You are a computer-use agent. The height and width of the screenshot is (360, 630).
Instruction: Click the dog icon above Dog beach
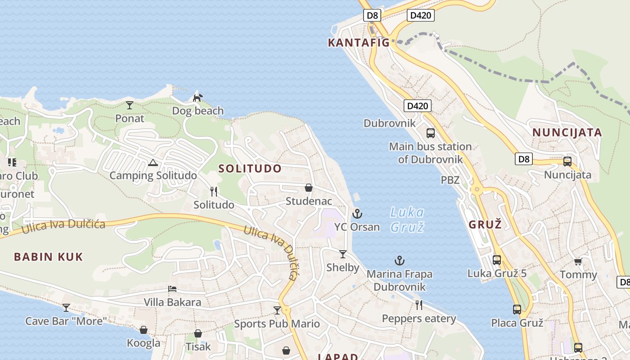(198, 97)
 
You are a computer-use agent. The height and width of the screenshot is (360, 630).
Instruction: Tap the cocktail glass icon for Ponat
(130, 105)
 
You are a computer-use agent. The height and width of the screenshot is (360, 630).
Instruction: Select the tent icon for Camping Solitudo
(153, 162)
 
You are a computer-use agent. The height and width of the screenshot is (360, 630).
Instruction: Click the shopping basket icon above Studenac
(309, 188)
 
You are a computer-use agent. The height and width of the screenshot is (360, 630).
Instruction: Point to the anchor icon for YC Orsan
(357, 214)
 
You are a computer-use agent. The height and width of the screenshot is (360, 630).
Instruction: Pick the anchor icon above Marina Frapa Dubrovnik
(399, 261)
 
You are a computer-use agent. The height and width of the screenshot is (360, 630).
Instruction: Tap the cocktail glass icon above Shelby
(343, 254)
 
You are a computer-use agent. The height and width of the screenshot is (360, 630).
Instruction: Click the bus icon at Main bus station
(431, 133)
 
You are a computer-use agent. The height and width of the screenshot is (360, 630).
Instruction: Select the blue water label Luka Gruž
(407, 220)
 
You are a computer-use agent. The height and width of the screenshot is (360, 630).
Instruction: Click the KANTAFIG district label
(359, 43)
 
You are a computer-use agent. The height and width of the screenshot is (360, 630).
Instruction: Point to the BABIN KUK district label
(49, 257)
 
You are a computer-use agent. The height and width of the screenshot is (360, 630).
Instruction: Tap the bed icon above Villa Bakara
(172, 289)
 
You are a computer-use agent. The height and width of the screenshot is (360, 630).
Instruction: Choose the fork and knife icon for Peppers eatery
(419, 306)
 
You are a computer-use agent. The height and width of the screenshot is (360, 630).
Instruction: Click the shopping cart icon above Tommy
(578, 261)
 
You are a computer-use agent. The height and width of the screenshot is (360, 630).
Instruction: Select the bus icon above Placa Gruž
(517, 310)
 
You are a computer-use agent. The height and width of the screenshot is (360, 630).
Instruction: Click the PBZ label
(450, 180)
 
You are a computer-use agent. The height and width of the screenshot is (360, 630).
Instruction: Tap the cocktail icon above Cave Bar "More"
(66, 308)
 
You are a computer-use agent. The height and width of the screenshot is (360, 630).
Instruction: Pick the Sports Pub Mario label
(277, 324)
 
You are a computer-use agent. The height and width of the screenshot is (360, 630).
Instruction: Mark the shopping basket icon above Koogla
(144, 330)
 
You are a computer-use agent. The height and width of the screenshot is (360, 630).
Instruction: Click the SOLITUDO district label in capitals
(250, 169)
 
